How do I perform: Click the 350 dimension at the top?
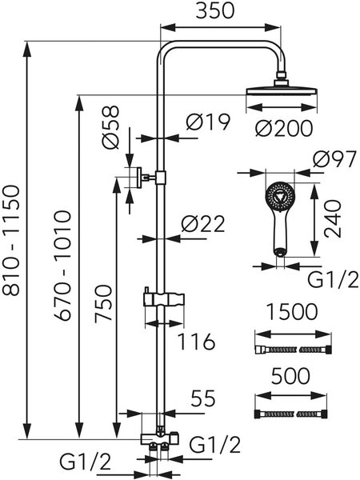tap(214, 10)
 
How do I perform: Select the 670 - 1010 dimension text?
tap(63, 266)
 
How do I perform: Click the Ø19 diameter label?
tap(208, 122)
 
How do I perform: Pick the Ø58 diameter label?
tap(110, 127)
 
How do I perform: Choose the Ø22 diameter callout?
tap(203, 224)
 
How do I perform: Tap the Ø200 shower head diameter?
tap(284, 128)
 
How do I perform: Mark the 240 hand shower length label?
tap(332, 218)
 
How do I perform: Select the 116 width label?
tap(197, 342)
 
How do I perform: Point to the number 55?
tap(203, 398)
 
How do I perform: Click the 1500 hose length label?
tap(292, 312)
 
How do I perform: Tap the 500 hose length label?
tap(290, 376)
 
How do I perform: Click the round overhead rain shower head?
tap(282, 92)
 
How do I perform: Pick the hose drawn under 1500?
tap(294, 350)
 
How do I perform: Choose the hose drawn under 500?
tap(291, 414)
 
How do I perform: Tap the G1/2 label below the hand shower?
tap(333, 280)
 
